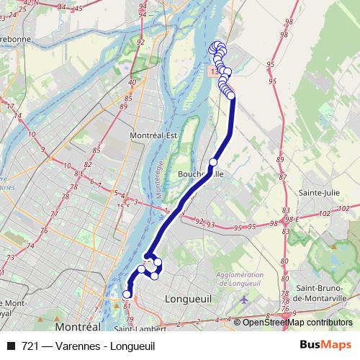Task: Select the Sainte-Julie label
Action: click(x=319, y=193)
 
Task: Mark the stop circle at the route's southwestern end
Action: click(x=127, y=294)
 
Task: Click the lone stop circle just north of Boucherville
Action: click(x=213, y=162)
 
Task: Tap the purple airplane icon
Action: click(x=245, y=298)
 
